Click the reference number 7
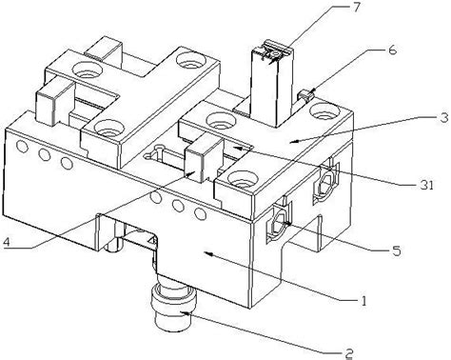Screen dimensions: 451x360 [357, 7]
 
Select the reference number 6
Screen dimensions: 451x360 [393, 50]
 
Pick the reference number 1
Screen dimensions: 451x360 [363, 300]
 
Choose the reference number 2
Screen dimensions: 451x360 [349, 353]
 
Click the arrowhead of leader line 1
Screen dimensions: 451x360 [206, 253]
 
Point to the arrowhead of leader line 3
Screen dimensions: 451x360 [292, 141]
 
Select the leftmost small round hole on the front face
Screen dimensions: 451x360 [22, 146]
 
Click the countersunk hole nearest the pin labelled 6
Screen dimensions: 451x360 [324, 111]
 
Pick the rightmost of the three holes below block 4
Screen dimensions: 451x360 [200, 214]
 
